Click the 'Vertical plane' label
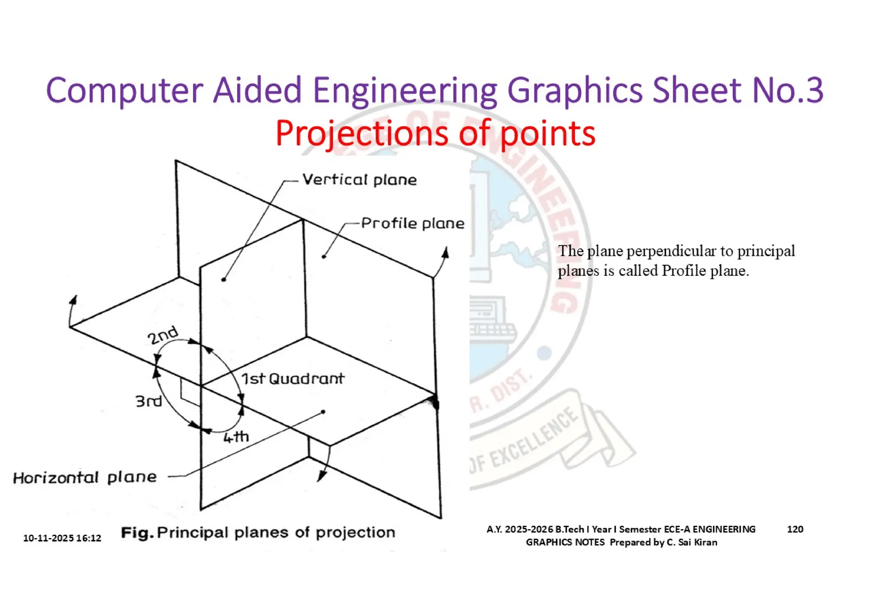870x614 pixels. [x=359, y=180]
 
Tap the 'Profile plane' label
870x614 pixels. [x=412, y=224]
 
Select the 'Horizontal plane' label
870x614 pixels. [x=85, y=478]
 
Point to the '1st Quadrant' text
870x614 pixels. [x=293, y=378]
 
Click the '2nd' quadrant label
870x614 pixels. [x=162, y=336]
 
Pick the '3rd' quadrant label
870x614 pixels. [x=149, y=401]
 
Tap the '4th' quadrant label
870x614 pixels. [x=236, y=437]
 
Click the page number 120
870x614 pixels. [x=795, y=529]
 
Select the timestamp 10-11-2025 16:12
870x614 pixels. [x=62, y=538]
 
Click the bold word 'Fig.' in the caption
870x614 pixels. [x=137, y=533]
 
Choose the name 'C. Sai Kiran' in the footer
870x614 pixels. [x=692, y=542]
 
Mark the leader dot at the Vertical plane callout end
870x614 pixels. [x=224, y=280]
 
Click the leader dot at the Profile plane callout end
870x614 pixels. [x=324, y=257]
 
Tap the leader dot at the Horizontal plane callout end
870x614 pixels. [x=323, y=412]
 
